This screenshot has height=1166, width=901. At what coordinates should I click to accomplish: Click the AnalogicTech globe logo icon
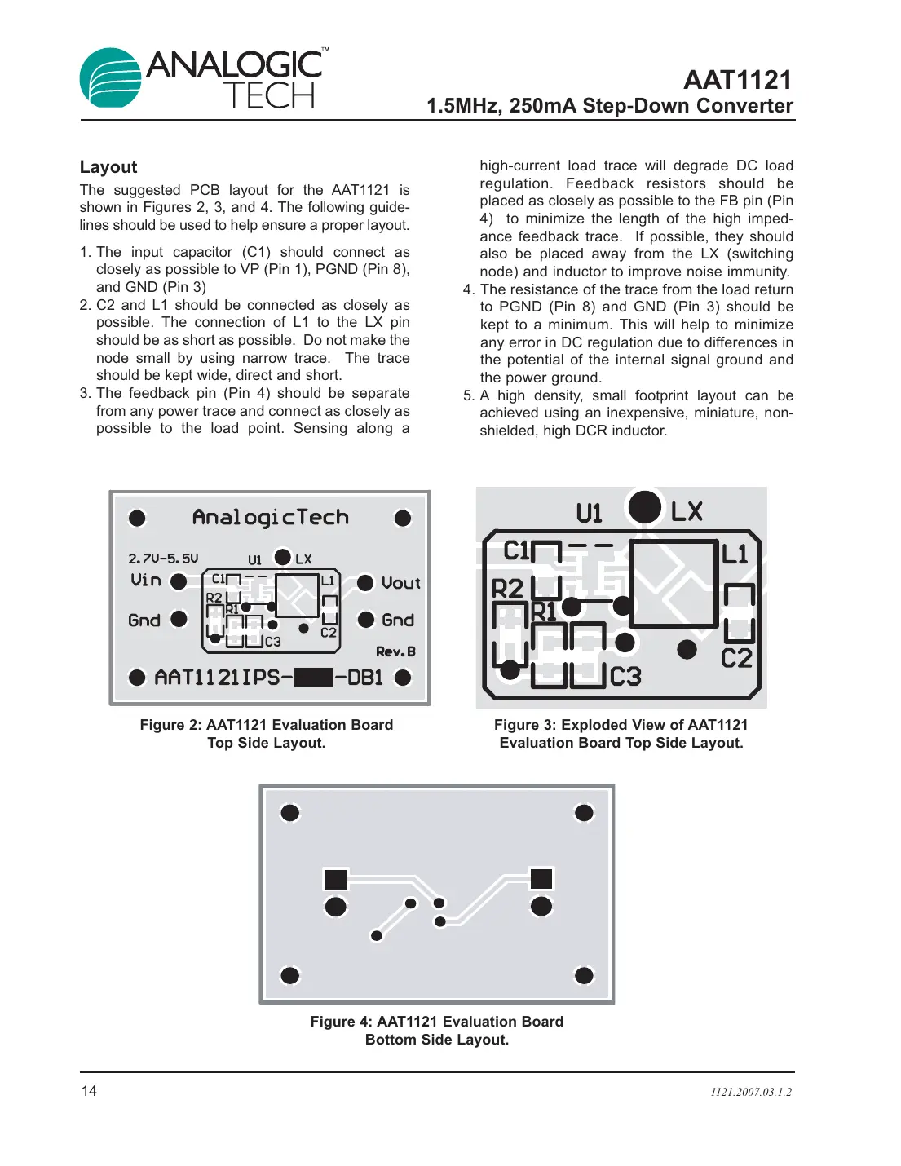tap(111, 78)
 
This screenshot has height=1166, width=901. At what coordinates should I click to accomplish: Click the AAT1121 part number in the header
tap(737, 80)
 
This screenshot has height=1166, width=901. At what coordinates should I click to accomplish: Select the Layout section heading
tap(108, 167)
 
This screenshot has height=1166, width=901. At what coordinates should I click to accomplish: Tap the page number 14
tap(89, 1091)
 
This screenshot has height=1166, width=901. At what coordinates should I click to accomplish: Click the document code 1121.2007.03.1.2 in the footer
tap(750, 1092)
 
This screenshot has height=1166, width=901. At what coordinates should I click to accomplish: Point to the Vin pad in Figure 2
tap(179, 581)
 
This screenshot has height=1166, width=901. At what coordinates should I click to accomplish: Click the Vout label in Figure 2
tap(400, 583)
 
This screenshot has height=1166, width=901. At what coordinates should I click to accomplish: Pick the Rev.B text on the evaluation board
tap(395, 651)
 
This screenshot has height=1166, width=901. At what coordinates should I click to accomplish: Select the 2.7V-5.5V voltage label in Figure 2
tap(163, 559)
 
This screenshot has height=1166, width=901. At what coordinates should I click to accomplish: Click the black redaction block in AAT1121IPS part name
tap(313, 678)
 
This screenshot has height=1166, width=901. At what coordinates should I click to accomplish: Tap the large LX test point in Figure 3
tap(645, 507)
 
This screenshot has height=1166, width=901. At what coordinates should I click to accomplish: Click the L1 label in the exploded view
tap(735, 554)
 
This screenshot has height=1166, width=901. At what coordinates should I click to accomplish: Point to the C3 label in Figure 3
tap(625, 677)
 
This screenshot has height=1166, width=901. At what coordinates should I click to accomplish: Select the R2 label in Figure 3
tap(507, 588)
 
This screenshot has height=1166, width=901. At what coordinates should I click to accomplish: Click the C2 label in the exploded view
tap(736, 658)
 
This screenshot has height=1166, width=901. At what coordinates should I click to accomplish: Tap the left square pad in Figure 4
tap(336, 879)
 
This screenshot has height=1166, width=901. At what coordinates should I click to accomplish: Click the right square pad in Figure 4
tap(541, 878)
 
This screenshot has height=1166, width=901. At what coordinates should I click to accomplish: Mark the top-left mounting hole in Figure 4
tap(289, 813)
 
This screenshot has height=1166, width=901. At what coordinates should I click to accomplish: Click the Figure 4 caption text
tap(436, 1031)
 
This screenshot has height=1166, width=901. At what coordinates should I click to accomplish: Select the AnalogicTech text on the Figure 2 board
tap(270, 518)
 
